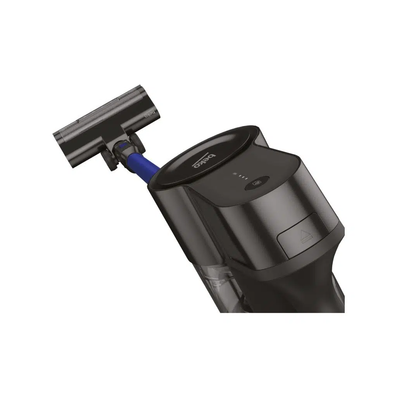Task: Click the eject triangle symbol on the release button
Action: click(304, 233)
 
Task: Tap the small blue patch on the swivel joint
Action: click(123, 145)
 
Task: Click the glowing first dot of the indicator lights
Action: click(235, 174)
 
